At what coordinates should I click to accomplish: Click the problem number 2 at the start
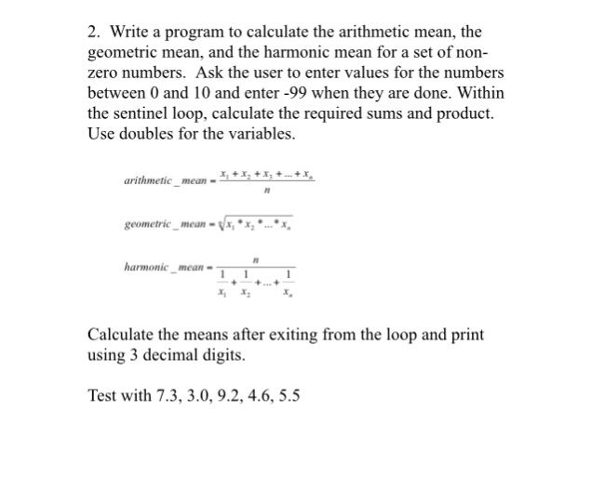point(91,32)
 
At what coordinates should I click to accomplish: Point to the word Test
point(102,395)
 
